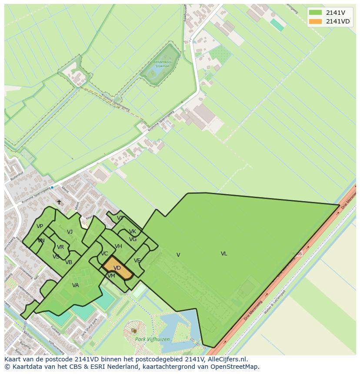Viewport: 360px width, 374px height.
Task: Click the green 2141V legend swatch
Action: [315, 13]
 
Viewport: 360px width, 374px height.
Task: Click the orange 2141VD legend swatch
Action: [315, 21]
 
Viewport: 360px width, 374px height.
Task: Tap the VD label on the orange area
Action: [117, 268]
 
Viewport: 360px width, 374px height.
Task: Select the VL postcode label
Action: [224, 254]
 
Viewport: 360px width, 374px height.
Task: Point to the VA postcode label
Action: [76, 285]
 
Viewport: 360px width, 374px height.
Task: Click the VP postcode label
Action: [40, 226]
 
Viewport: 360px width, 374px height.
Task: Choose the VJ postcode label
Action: [70, 232]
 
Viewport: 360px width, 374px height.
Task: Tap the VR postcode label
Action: [60, 247]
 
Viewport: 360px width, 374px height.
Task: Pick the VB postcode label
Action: [69, 262]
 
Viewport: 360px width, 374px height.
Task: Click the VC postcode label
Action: [104, 254]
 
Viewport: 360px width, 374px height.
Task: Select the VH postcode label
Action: [118, 246]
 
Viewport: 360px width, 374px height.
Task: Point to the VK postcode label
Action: [133, 232]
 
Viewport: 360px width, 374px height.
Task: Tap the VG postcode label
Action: [133, 239]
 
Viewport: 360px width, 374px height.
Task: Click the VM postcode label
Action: [111, 276]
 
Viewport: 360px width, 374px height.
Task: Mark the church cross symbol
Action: [59, 202]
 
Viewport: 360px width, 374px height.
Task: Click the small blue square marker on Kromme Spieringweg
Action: [52, 187]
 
